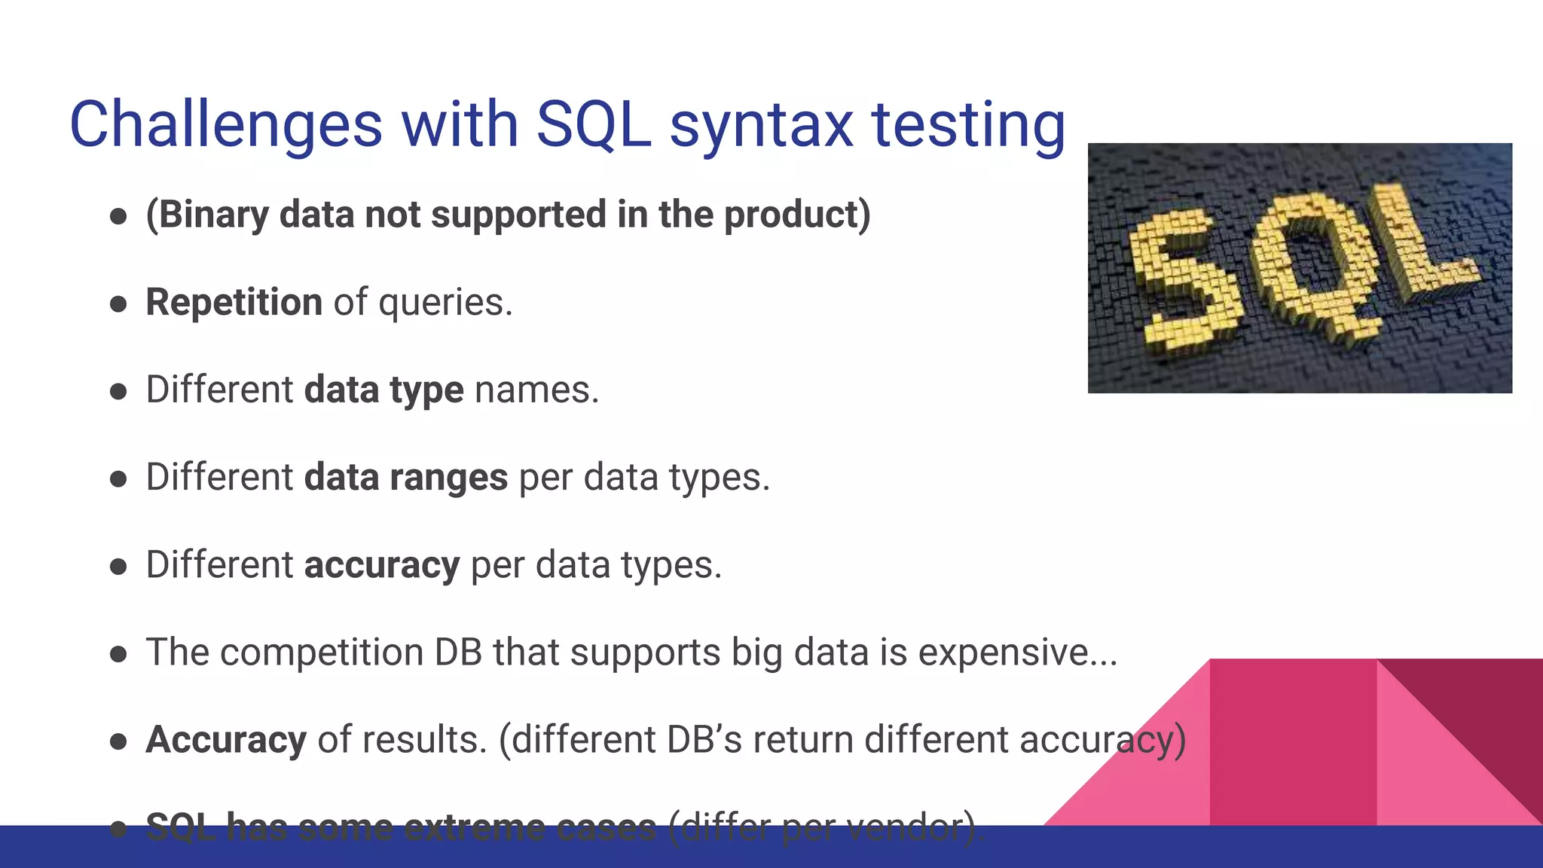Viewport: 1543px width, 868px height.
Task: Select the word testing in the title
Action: point(969,127)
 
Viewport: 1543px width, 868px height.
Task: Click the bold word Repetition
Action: point(234,302)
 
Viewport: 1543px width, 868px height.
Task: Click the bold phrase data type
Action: point(383,390)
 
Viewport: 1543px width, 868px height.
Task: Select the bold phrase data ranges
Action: point(405,478)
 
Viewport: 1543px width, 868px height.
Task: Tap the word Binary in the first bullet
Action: point(213,215)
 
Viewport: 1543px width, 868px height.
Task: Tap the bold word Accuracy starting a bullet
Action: point(226,740)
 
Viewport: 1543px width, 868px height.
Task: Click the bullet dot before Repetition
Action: point(118,304)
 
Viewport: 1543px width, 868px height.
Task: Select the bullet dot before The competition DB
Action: point(118,654)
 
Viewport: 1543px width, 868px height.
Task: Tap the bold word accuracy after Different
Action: point(381,565)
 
